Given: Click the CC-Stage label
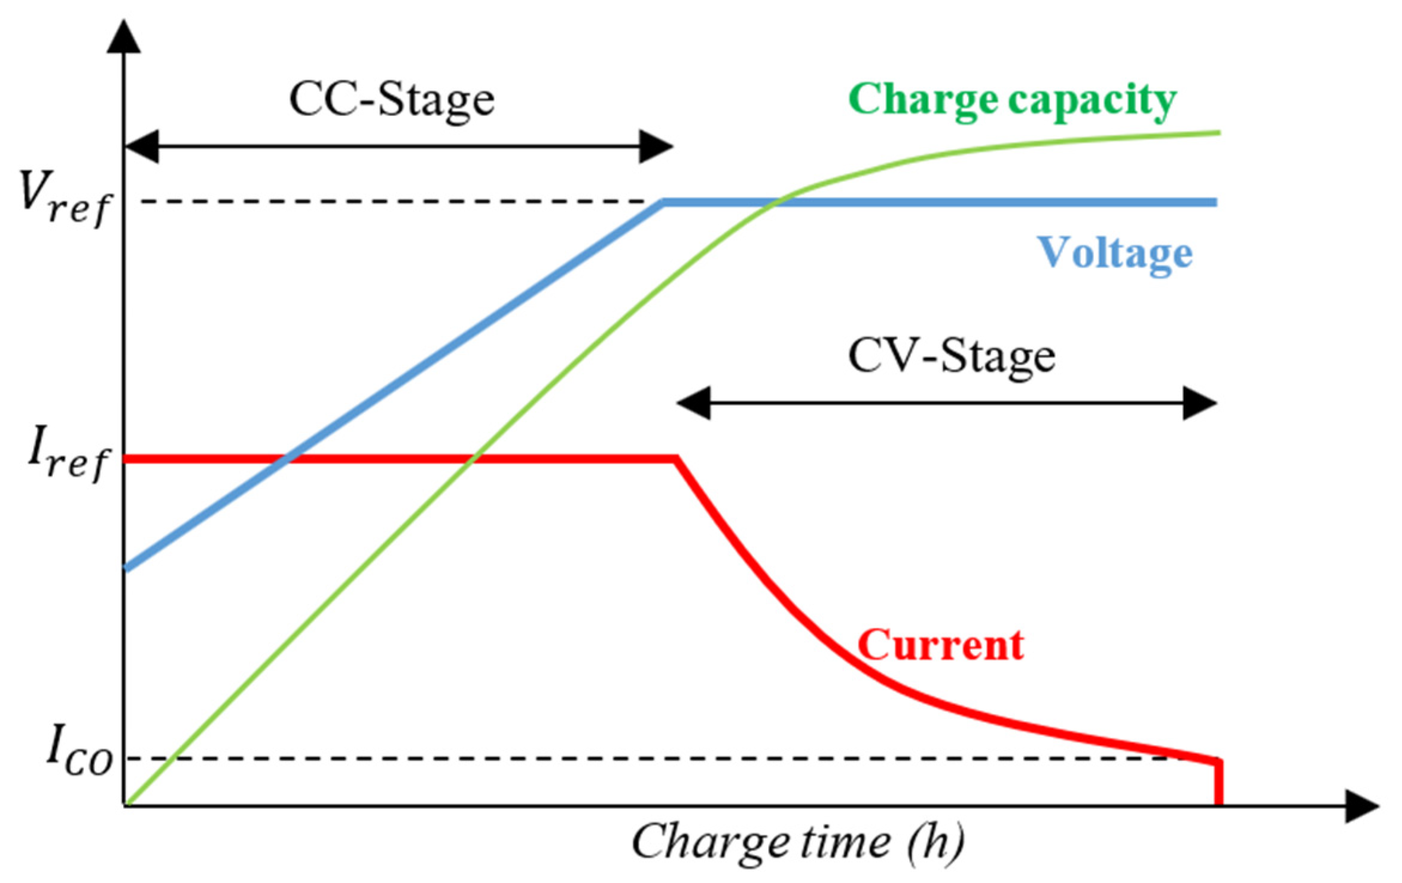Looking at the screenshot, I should (392, 100).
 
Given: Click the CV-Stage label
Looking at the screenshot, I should (951, 357).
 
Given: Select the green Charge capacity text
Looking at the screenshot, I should (1012, 100).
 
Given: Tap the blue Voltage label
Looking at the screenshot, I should (1114, 253).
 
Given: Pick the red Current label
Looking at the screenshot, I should (940, 645).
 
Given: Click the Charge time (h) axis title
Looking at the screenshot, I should (797, 843).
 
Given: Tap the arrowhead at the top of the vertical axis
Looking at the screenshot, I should (124, 37).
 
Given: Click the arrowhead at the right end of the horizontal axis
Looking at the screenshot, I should (1364, 806).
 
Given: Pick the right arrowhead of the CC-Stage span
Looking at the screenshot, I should (656, 146).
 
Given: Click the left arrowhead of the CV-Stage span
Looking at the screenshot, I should (694, 403).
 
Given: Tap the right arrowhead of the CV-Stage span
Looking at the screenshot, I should (1200, 403).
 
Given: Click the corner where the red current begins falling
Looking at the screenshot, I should (676, 459).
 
